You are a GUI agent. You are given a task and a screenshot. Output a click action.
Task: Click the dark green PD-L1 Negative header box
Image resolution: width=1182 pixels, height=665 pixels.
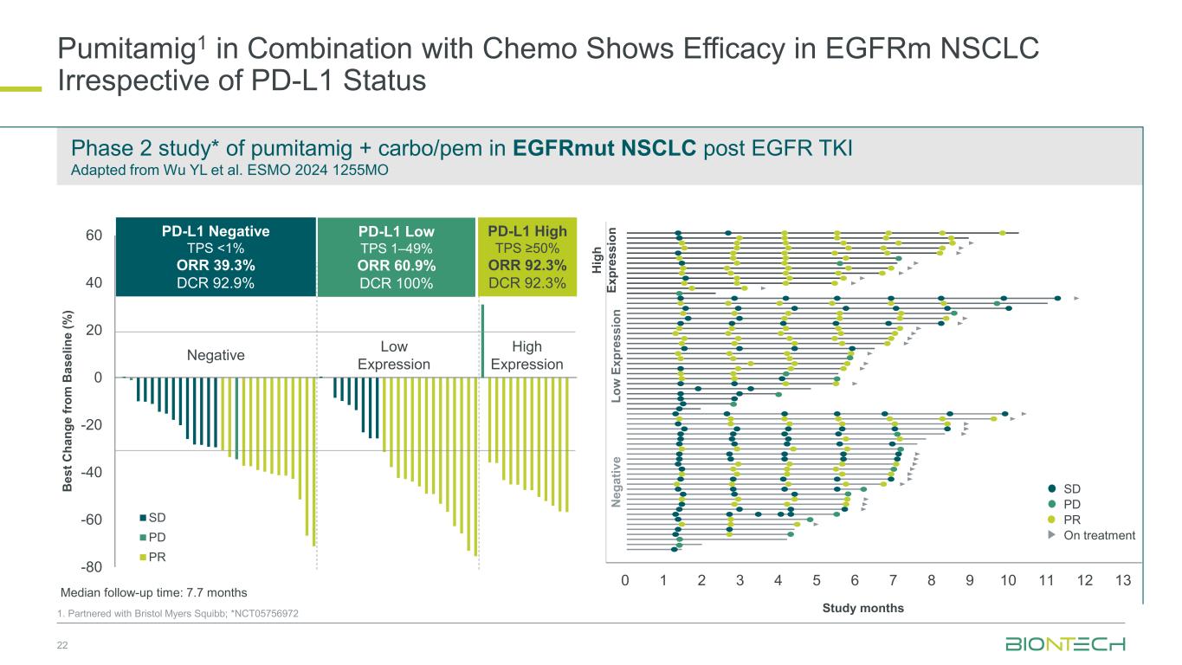216,257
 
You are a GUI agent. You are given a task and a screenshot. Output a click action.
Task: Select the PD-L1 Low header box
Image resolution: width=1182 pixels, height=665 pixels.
396,257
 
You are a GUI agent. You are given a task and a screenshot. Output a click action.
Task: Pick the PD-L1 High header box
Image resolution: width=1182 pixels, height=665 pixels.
526,257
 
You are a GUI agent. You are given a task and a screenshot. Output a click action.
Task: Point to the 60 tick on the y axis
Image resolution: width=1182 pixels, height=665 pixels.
94,236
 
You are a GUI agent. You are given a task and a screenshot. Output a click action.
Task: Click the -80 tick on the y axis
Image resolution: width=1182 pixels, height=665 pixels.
93,567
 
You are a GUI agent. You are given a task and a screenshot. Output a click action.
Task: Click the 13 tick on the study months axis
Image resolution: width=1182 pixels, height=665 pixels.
1122,580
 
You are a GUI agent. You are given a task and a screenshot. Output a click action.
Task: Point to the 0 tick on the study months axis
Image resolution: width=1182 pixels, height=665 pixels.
624,580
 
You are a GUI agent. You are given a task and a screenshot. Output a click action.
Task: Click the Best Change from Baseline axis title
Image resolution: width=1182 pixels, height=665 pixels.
69,402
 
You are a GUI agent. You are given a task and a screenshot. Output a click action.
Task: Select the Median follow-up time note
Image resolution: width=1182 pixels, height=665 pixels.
153,593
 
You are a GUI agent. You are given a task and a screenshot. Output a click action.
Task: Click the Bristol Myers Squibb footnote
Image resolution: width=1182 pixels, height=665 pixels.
178,614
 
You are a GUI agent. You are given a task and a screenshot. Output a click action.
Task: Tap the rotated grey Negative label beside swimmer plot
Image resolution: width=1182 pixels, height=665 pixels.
616,481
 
